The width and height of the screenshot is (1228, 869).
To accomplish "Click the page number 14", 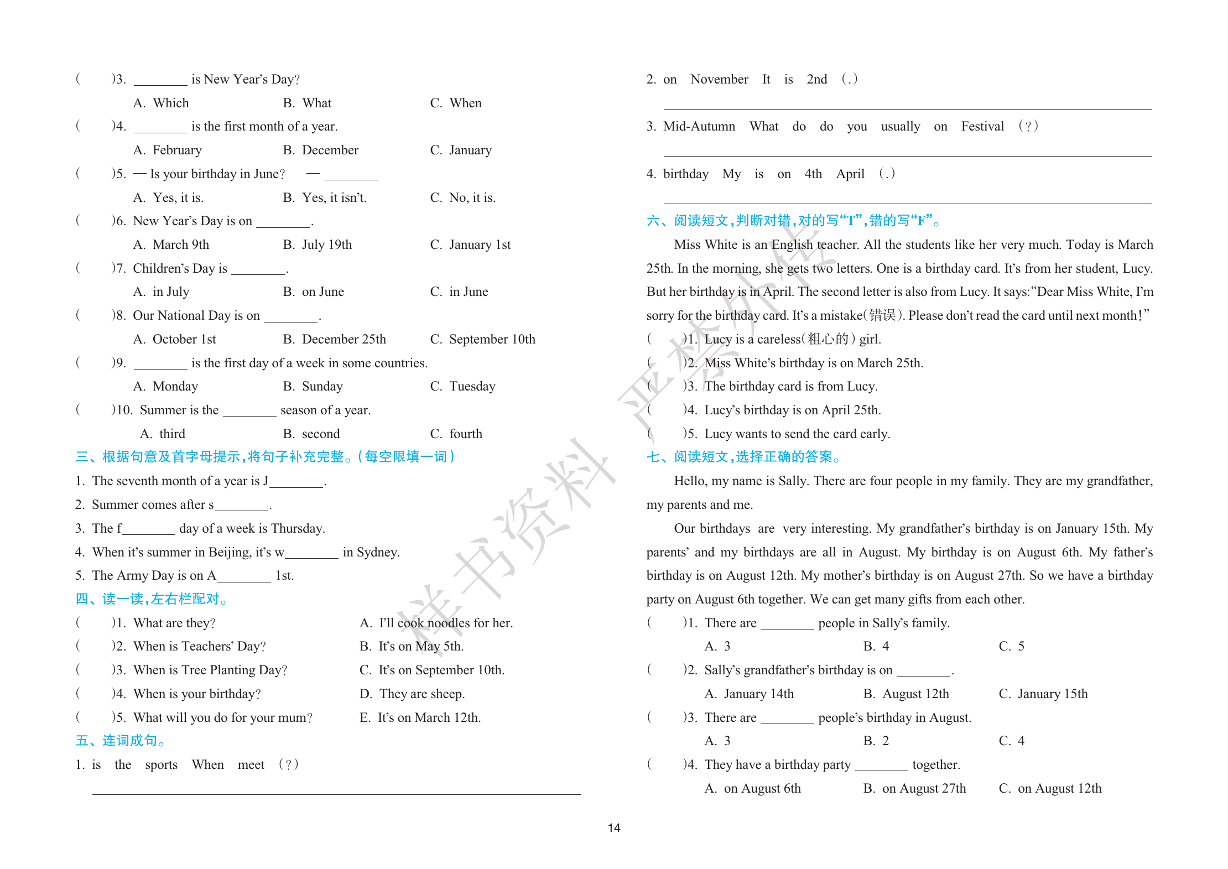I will coord(614,828).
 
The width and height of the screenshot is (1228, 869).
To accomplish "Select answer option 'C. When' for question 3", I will coord(456,103).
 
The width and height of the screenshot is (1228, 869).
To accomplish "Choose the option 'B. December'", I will coord(321,150).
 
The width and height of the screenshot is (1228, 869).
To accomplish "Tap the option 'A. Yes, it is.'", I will coord(169,198).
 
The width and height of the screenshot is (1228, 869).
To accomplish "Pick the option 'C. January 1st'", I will coord(470,245).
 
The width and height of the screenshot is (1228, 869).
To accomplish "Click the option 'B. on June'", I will coord(314,292).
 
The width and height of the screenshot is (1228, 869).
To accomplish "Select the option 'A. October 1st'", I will coord(175,340).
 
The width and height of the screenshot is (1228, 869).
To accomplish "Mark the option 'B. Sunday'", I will coord(313,387).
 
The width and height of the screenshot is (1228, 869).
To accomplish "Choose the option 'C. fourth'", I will coord(456,434).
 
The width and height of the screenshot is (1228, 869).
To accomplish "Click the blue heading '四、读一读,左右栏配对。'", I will coord(152,599).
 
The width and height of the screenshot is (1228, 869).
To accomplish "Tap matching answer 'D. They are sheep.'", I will coord(412,694).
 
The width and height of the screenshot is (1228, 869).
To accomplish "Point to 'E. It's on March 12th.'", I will coord(420,718).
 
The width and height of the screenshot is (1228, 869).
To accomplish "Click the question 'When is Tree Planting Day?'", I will coord(210,670).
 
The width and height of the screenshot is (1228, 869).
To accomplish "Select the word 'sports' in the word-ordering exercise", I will coord(162,765).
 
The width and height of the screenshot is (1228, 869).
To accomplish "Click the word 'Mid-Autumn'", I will coord(699,127).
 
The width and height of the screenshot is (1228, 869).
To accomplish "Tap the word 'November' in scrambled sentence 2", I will coord(719,80).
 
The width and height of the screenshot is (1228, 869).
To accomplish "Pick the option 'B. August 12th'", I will coord(906,694).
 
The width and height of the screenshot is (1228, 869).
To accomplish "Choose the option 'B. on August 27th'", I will coord(915,789).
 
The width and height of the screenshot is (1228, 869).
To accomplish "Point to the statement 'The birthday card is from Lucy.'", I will coord(791,387).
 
